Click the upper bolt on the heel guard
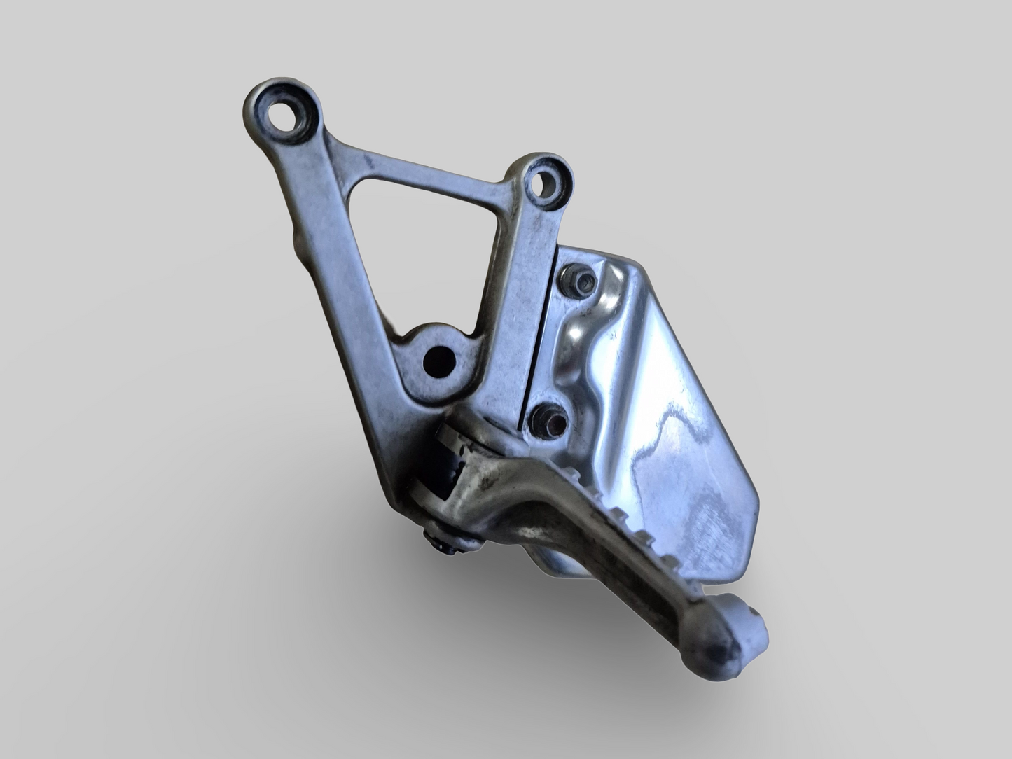pyautogui.click(x=582, y=282)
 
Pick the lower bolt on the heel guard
pyautogui.click(x=542, y=419)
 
